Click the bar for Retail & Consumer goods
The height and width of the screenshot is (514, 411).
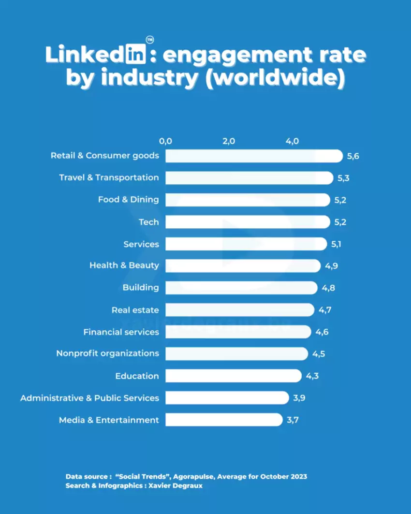click(254, 156)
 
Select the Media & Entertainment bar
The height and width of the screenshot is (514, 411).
click(224, 420)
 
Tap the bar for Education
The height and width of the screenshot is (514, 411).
click(233, 376)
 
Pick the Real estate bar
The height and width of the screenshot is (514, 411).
click(240, 310)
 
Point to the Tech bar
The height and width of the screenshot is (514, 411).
click(247, 222)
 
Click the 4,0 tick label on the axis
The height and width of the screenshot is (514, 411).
click(293, 141)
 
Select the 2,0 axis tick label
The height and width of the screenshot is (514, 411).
click(229, 141)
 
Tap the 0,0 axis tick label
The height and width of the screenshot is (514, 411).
click(165, 141)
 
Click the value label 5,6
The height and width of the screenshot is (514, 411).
click(353, 156)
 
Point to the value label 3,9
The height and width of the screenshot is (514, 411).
click(299, 398)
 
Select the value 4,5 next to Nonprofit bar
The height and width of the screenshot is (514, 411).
click(318, 354)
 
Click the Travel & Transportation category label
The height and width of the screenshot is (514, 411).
click(109, 177)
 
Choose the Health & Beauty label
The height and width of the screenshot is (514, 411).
click(124, 265)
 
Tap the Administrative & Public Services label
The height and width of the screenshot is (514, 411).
click(89, 398)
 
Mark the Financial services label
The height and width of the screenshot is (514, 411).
click(121, 332)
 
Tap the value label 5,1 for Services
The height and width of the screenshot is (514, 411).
click(336, 244)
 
